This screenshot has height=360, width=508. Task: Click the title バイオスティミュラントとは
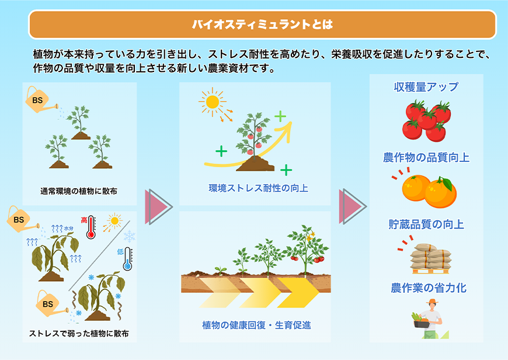point(262,25)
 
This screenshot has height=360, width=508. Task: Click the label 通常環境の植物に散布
point(79,192)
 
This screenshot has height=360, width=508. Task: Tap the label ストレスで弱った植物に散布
point(79,334)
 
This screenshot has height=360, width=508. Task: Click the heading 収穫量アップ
point(426,87)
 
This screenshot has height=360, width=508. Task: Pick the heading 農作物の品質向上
point(426,158)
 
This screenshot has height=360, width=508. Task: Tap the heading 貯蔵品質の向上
point(426,224)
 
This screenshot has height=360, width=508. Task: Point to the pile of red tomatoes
point(427,120)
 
